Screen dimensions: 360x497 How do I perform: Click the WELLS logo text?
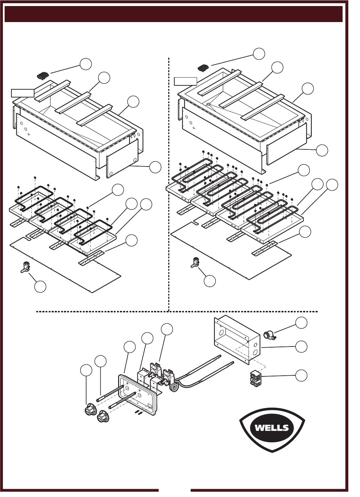click(x=272, y=428)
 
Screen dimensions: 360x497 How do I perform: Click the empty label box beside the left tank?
click(x=23, y=93)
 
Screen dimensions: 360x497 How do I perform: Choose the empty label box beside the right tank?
click(x=185, y=81)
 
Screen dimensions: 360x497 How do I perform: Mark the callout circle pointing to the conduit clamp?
click(x=301, y=323)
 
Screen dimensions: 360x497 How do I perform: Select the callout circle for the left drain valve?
click(x=40, y=287)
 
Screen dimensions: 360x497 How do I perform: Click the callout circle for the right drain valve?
click(x=210, y=281)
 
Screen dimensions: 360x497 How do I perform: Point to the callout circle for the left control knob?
click(x=86, y=370)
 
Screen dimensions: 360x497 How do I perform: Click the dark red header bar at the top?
click(x=174, y=14)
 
